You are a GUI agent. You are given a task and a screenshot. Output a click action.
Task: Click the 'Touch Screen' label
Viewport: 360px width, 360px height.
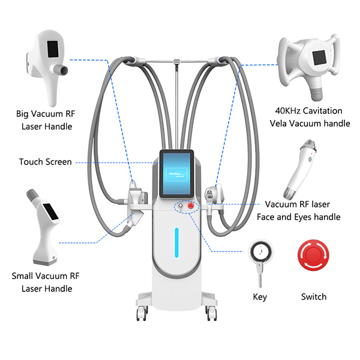pos(45,162)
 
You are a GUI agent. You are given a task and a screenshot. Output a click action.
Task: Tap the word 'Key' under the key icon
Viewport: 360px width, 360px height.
pos(260,297)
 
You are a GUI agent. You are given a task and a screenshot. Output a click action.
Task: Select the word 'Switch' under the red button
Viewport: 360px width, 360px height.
pos(313,297)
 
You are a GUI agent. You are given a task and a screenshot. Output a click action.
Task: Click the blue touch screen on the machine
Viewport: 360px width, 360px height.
pos(178,172)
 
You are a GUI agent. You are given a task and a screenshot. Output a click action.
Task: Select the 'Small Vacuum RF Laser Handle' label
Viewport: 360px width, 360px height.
pos(46,282)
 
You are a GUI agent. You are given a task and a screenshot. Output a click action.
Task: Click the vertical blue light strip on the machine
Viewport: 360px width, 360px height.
pos(176,240)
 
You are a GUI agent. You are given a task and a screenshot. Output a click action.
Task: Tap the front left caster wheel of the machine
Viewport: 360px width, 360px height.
pos(143,313)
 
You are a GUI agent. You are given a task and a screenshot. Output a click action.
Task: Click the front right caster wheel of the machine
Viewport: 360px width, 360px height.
pos(211,313)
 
